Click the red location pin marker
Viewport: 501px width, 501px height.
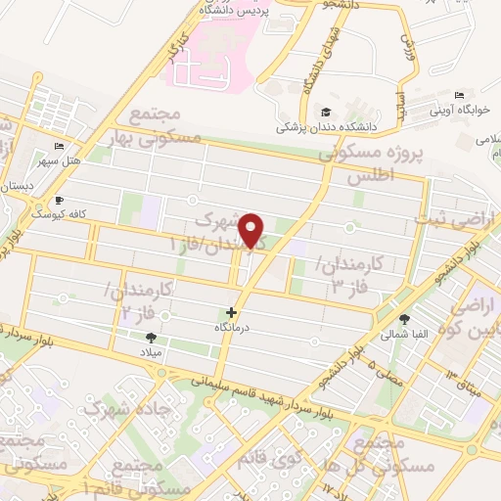click(x=253, y=229)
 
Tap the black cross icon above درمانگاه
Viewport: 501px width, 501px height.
click(x=231, y=312)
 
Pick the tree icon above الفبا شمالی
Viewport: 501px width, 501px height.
click(x=404, y=319)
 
